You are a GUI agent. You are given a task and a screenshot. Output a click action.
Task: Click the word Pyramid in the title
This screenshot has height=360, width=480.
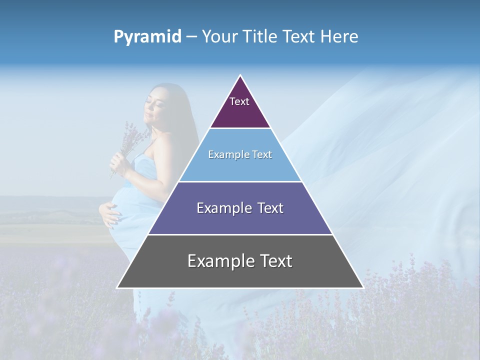click(x=147, y=37)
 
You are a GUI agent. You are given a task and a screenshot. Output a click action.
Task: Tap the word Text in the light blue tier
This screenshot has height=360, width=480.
click(x=262, y=154)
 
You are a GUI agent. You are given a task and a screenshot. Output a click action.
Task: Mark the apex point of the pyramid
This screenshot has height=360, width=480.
click(x=240, y=75)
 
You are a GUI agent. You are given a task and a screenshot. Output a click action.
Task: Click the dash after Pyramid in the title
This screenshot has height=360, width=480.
click(x=191, y=37)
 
